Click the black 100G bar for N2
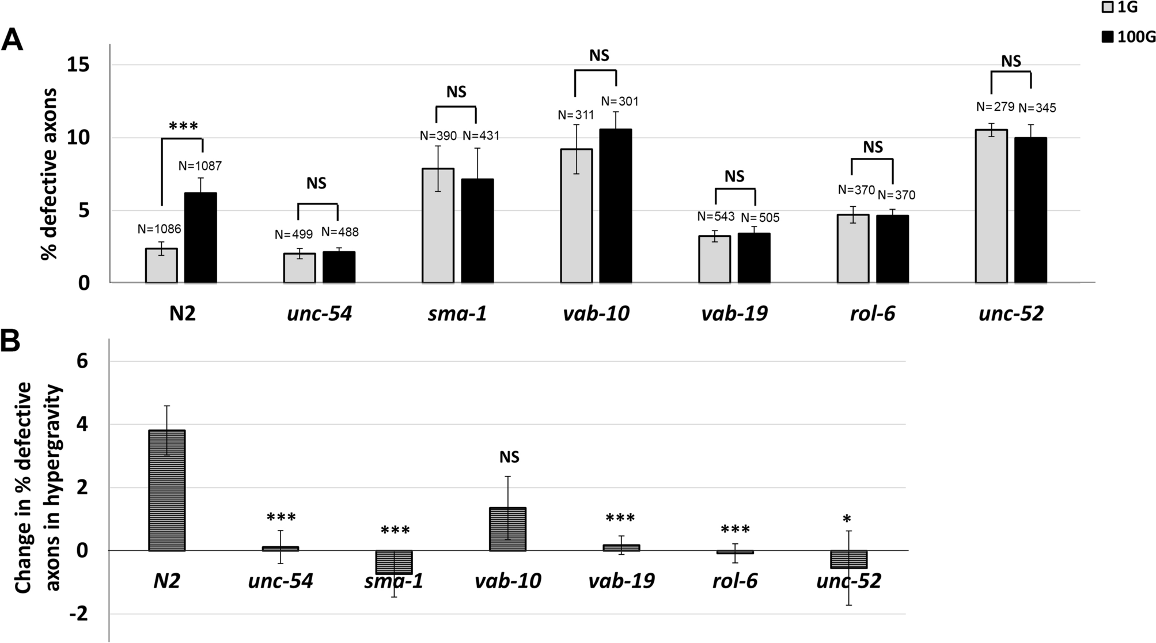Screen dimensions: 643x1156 click(200, 237)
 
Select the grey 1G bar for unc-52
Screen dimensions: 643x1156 click(991, 206)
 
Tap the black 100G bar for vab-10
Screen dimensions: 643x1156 click(616, 206)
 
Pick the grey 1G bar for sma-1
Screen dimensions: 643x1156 click(438, 225)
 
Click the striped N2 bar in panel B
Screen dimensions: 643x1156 click(166, 490)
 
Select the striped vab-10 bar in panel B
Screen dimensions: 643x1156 click(507, 529)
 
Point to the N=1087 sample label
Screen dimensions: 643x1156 click(200, 166)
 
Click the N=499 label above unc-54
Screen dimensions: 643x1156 click(293, 234)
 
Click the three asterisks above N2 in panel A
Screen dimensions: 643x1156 click(183, 127)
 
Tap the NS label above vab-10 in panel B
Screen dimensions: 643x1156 click(509, 457)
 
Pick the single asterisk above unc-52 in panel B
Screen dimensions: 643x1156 click(847, 520)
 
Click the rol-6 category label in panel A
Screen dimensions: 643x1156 click(873, 314)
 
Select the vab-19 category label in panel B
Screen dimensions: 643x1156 click(621, 581)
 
